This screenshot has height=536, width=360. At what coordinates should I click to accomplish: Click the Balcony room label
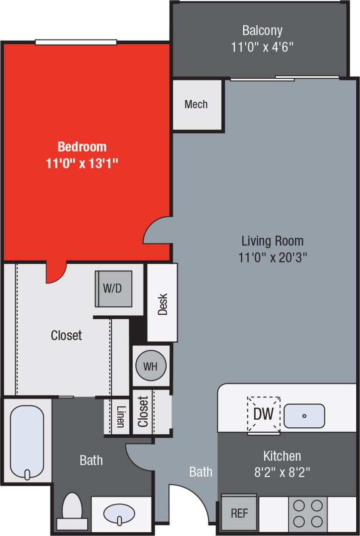262,30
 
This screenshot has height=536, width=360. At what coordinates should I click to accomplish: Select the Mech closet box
196,104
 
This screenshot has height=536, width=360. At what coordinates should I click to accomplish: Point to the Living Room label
272,241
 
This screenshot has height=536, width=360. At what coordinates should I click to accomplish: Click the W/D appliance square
113,288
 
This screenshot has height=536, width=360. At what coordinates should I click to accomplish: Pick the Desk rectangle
162,303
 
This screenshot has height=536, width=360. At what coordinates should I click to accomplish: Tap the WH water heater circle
150,366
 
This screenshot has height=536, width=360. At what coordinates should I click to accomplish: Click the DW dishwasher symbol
263,414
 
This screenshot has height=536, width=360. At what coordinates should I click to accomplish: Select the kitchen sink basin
304,416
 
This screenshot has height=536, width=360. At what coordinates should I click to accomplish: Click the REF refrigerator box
239,513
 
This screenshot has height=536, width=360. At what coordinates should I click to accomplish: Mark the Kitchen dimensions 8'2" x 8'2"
282,472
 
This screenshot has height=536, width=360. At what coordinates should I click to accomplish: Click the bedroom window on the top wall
76,42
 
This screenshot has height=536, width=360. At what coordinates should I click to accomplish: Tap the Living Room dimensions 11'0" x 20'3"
272,257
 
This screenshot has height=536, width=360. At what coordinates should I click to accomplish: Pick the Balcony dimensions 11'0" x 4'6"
262,47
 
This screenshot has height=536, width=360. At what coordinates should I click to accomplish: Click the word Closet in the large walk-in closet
66,335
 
